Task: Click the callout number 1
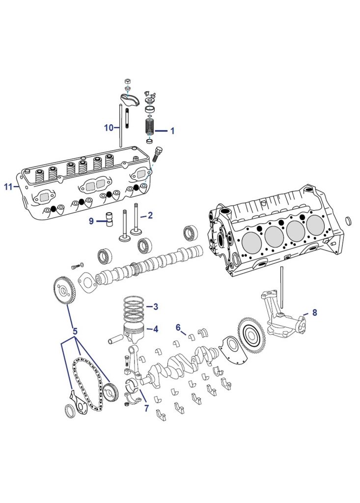pos(172,131)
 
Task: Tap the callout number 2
pos(150,215)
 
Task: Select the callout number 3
pos(155,307)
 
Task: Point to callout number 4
pos(155,329)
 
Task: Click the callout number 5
pos(75,331)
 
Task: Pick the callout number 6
pos(178,327)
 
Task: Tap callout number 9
pos(91,222)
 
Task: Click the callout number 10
pos(109,128)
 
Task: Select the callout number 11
pos(8,187)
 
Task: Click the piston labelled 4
pos(133,333)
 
